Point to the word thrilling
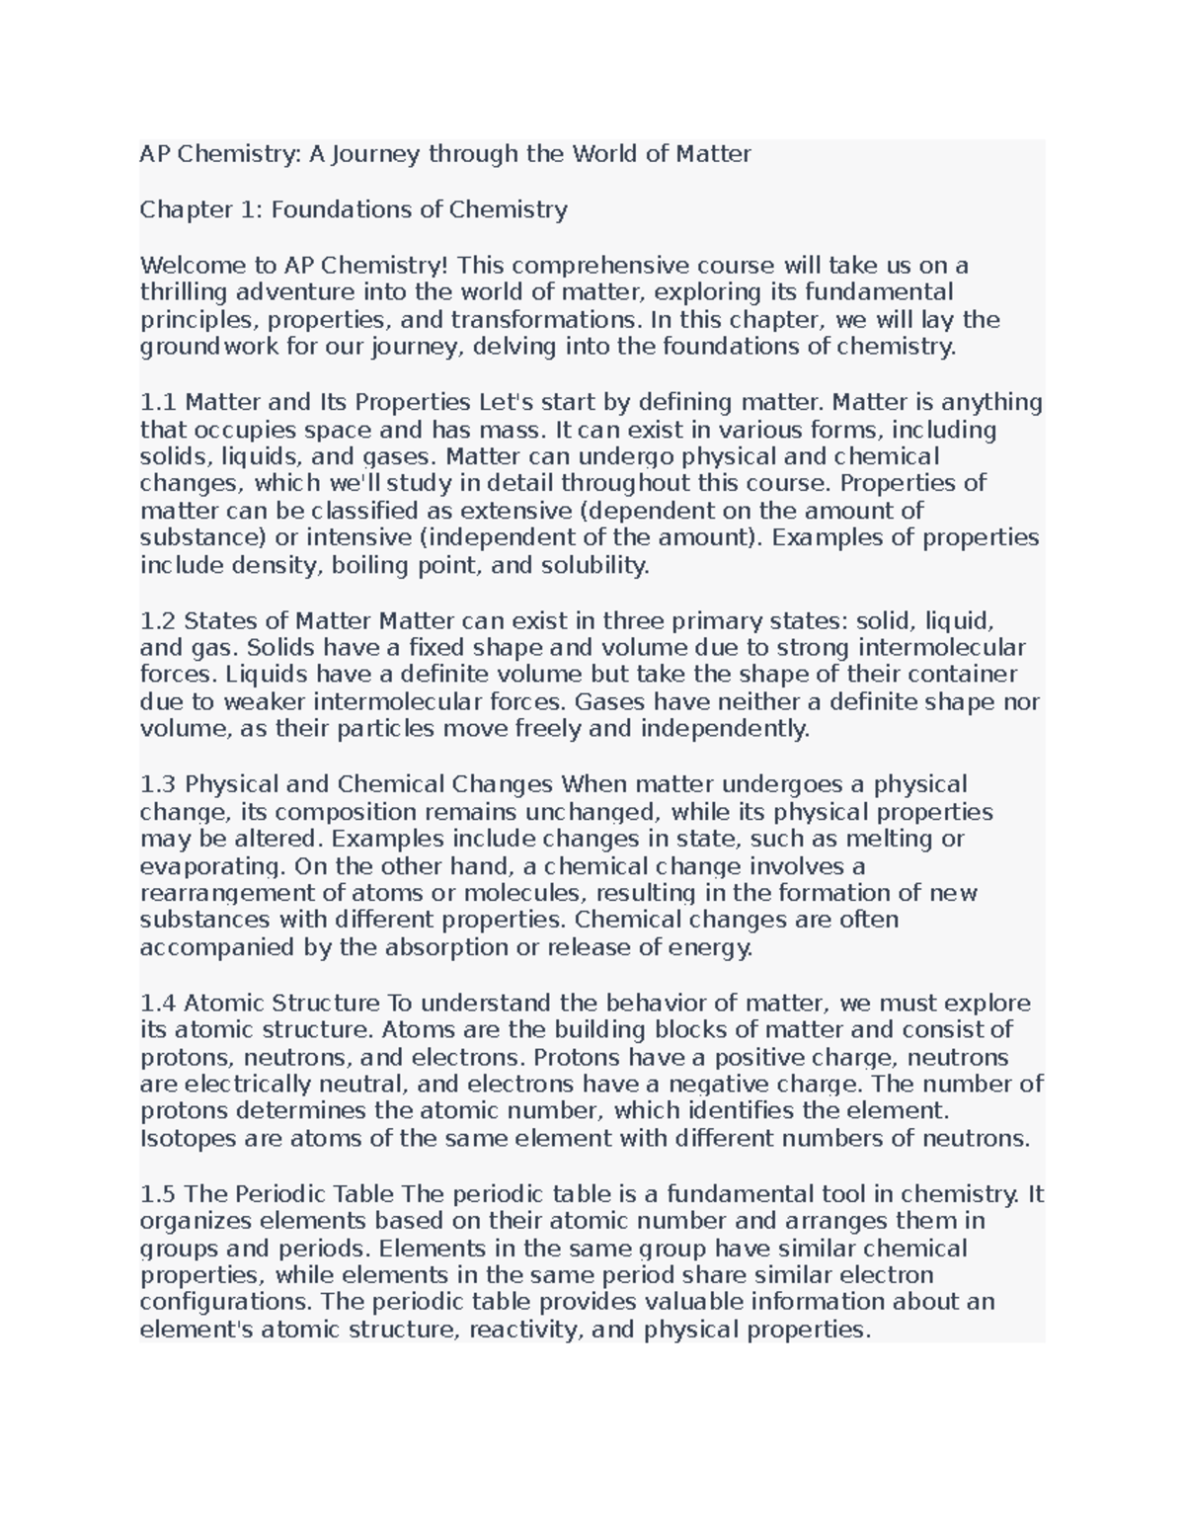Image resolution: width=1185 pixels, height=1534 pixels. (x=183, y=292)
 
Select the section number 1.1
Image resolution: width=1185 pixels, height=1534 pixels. (x=158, y=402)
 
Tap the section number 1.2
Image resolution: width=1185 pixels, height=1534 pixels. (x=158, y=620)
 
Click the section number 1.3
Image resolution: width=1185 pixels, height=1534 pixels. (x=158, y=784)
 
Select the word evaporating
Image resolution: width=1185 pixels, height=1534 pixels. (x=210, y=866)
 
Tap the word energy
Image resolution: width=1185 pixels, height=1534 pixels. (x=710, y=948)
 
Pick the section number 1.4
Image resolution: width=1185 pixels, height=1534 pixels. (x=158, y=1003)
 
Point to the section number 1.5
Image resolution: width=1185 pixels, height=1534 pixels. (x=158, y=1193)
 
